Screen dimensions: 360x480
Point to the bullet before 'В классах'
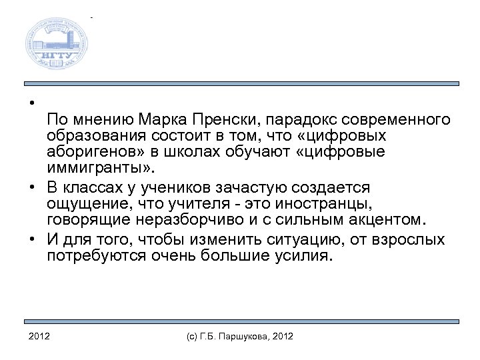tap(32, 187)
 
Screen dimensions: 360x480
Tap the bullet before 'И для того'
tap(32, 239)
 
